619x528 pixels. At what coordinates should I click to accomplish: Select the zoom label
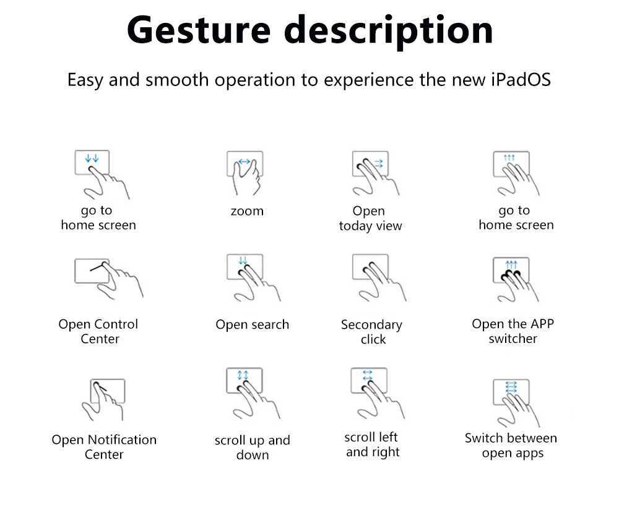247,211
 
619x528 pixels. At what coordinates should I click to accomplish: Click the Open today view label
370,219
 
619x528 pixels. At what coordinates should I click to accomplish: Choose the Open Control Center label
98,331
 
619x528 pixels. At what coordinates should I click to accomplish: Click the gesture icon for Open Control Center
105,278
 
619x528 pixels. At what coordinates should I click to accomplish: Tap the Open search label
252,324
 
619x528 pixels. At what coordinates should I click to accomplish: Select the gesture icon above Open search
249,275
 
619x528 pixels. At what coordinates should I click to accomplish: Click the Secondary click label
371,332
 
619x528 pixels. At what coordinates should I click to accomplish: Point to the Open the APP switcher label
513,331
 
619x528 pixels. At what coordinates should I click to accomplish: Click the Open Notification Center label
104,447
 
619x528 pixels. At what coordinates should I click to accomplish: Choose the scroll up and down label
252,448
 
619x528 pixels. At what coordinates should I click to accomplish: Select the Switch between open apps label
511,446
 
